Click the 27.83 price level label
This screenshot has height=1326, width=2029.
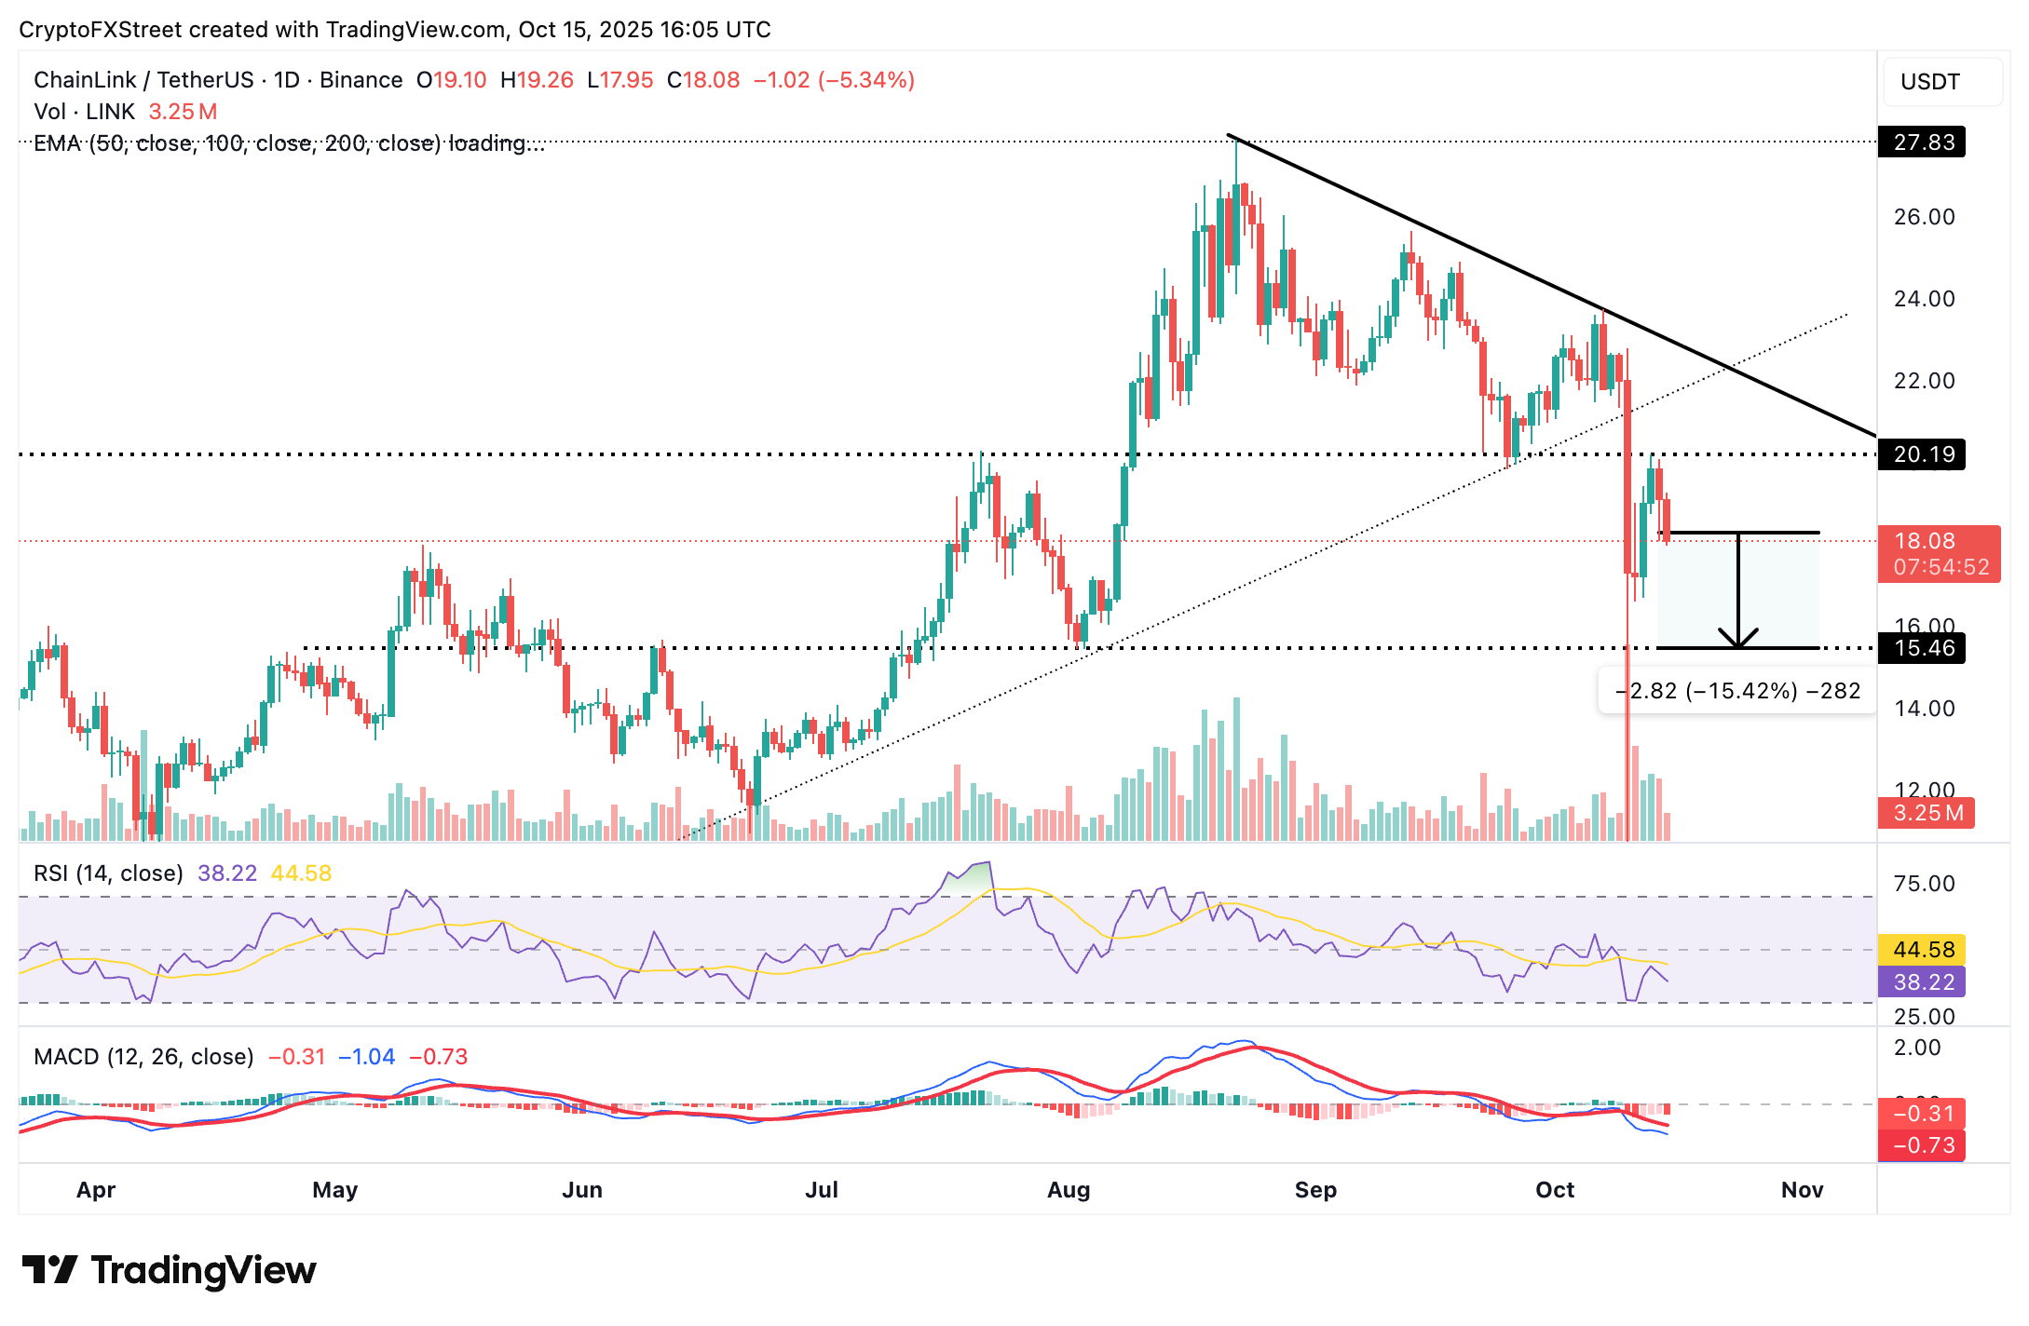(1922, 142)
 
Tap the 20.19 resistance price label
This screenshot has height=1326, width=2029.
(1922, 454)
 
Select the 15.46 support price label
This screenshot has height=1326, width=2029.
(1922, 648)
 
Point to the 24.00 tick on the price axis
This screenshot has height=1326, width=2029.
(1924, 299)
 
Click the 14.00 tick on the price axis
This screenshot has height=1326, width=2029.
(1924, 709)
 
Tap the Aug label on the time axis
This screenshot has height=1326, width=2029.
(1068, 1190)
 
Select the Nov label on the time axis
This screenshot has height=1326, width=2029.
(1802, 1190)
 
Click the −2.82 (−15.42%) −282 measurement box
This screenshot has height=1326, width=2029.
(1736, 691)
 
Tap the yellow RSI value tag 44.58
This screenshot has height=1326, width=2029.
(1924, 950)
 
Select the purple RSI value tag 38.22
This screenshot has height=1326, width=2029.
(1924, 981)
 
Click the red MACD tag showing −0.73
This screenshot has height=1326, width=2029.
(1922, 1145)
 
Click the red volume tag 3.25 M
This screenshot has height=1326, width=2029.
(1927, 813)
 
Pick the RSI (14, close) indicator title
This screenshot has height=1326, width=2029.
(108, 873)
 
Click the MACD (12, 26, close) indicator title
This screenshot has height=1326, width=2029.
(143, 1057)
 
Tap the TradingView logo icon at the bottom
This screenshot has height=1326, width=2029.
(49, 1270)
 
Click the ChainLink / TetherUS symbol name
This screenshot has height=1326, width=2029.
(143, 80)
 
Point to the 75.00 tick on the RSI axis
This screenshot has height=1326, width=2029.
(1924, 884)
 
